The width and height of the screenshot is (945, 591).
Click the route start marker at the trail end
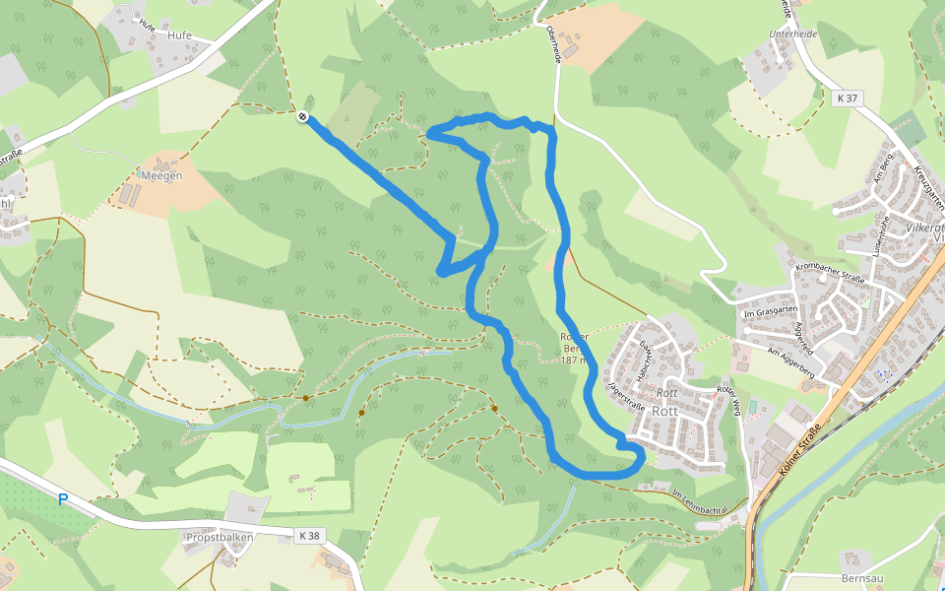tap(302, 117)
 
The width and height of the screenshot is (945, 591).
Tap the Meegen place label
tap(162, 176)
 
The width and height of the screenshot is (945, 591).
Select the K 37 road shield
tap(846, 98)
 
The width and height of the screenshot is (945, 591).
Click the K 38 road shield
tap(308, 536)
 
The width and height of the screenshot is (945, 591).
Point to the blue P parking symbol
tap(63, 499)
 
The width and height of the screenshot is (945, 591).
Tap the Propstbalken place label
tap(219, 538)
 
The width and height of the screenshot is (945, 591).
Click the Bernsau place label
tap(863, 579)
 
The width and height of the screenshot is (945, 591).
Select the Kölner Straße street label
tap(799, 448)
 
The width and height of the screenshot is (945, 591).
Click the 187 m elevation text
tap(575, 361)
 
